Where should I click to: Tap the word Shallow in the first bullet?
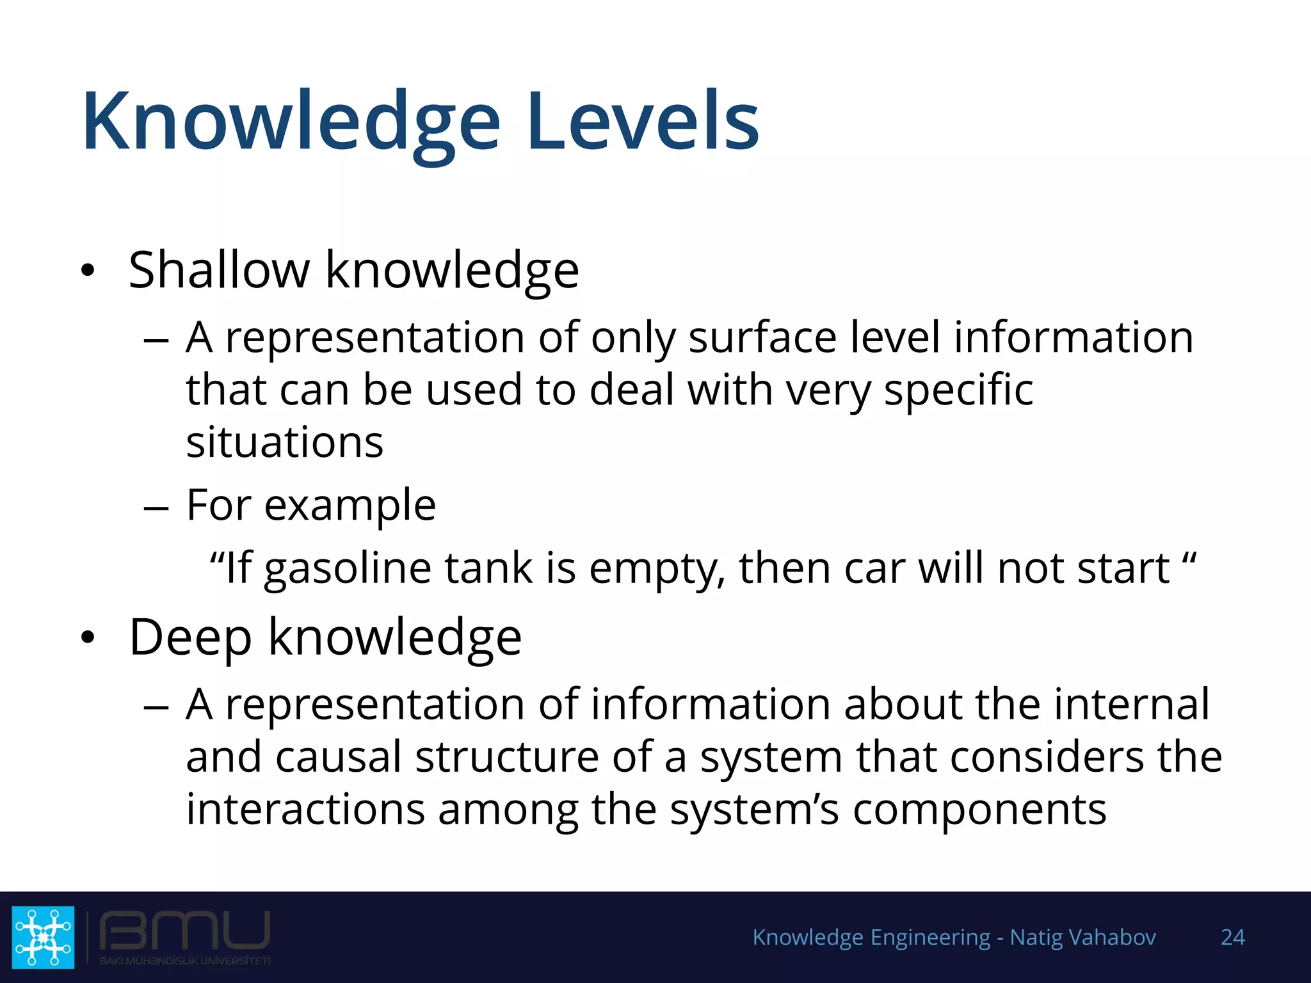point(219,270)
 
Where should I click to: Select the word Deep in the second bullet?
point(190,637)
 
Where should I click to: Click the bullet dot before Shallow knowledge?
point(88,271)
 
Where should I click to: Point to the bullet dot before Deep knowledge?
point(88,637)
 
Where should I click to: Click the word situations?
point(285,442)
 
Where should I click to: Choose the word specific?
point(958,390)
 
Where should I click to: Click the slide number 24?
point(1232,938)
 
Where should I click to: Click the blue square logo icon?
point(44,937)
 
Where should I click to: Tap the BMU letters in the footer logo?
point(184,931)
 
